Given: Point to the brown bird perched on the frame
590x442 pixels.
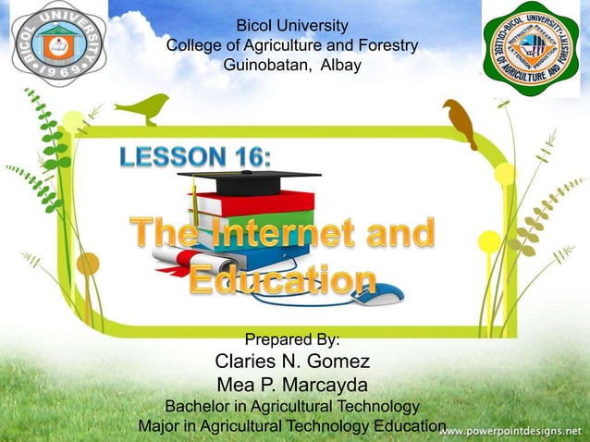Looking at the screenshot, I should coord(459,123).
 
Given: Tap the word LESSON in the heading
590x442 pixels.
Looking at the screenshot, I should coord(174,157).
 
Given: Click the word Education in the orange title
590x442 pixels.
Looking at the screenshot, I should coord(282,279).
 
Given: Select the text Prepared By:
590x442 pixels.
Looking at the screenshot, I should coord(292,338).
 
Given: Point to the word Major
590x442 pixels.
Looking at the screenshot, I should coord(159,426).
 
